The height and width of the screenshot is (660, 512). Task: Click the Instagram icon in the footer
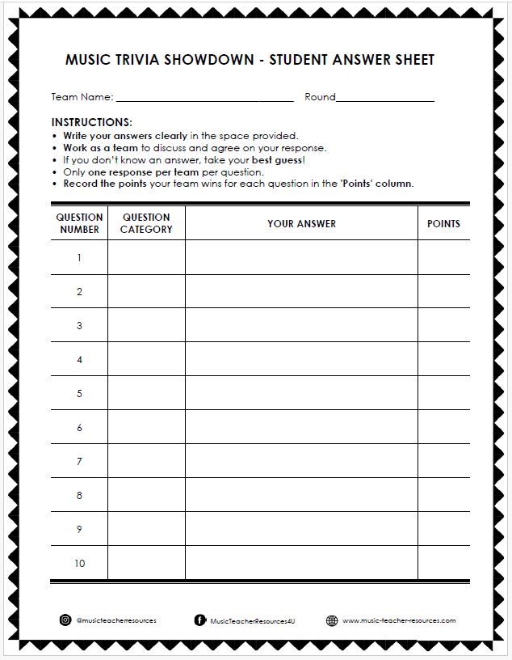65,620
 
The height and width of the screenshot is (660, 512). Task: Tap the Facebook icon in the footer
199,620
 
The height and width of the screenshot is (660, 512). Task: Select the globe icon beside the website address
332,620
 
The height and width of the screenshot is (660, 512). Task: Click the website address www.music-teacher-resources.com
399,620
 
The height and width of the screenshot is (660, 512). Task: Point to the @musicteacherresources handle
115,620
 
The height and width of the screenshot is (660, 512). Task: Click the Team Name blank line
205,99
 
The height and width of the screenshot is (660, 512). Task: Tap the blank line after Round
385,99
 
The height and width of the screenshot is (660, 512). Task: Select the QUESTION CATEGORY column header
146,223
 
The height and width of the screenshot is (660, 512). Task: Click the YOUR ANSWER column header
301,223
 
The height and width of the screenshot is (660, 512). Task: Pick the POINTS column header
443,223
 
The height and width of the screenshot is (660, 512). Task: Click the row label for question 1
79,258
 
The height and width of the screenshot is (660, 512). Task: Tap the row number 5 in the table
79,394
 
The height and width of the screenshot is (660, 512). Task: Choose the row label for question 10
79,564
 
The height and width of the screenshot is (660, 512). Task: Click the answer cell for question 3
301,326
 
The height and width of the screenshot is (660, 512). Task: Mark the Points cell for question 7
443,462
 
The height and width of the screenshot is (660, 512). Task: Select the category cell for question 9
146,530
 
